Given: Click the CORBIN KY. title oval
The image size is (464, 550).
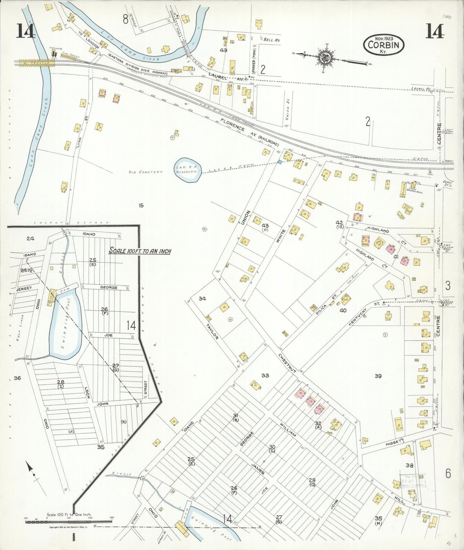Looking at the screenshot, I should (x=384, y=45).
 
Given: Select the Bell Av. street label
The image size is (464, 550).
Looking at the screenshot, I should (x=272, y=40).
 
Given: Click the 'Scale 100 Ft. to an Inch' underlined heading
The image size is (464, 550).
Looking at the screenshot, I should (x=140, y=251).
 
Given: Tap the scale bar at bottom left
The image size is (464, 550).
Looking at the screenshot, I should (x=69, y=521).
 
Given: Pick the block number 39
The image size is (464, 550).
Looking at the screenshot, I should (x=378, y=376).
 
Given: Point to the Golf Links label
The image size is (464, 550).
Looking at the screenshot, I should (x=22, y=324).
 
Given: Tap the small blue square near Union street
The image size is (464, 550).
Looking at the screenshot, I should (x=280, y=162).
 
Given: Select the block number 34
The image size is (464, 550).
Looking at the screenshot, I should (x=202, y=299).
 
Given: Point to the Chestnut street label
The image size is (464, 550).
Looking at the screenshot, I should (x=287, y=363).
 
